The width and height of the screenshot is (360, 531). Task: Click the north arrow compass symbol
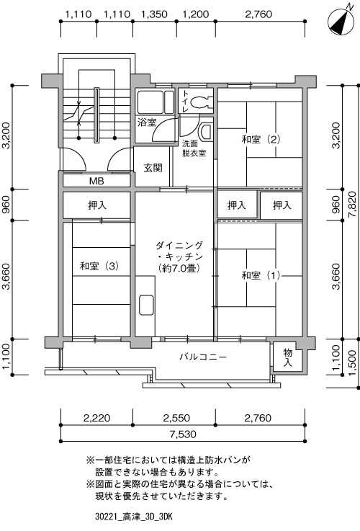(341, 22)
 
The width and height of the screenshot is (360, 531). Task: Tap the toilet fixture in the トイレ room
(200, 102)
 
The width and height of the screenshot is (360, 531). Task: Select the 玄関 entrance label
(153, 167)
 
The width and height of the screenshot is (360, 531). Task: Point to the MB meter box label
(96, 181)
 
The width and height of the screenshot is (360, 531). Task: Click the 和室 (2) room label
(261, 139)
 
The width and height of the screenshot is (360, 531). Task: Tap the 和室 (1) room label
(261, 275)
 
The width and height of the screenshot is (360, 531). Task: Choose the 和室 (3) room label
(99, 266)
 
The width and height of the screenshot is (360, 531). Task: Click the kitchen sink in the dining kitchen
(146, 305)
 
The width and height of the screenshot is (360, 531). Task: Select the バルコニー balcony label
(203, 356)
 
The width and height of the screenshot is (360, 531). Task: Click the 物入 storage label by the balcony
(288, 357)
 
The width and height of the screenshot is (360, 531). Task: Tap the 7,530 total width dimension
(183, 434)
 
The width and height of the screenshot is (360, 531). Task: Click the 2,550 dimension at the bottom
(176, 418)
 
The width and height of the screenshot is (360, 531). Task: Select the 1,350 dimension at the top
(154, 14)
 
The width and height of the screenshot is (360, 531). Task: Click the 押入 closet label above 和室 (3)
(97, 205)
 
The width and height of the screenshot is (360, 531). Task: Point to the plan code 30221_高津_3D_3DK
(134, 517)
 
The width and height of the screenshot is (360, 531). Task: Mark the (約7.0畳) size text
(180, 268)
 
